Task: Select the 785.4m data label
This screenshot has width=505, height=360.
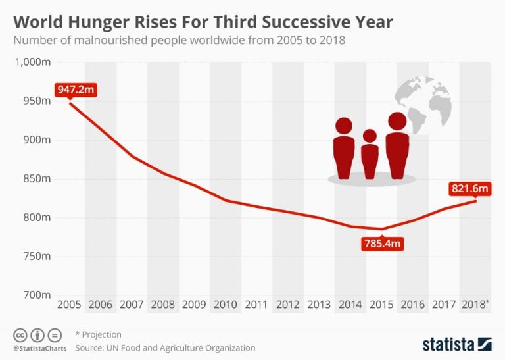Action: [x=381, y=244]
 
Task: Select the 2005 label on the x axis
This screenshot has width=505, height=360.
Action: [x=69, y=305]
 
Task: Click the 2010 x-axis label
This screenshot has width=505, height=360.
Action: [x=225, y=305]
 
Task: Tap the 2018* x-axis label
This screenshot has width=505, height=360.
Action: [x=475, y=305]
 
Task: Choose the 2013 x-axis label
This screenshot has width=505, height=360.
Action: [x=319, y=305]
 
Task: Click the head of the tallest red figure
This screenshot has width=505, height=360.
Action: [x=397, y=121]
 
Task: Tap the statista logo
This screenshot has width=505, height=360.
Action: [x=456, y=344]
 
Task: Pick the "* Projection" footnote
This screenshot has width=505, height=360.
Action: [x=99, y=334]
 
